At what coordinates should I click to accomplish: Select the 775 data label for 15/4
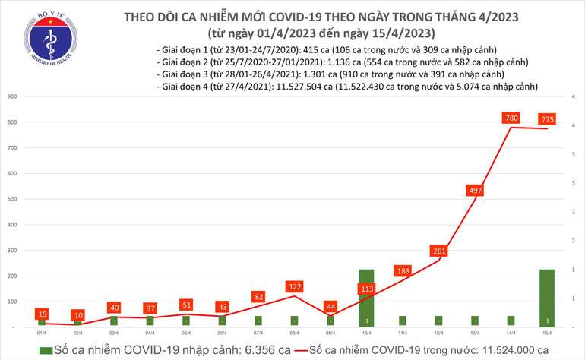tap(547, 119)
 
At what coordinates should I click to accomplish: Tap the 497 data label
tap(475, 188)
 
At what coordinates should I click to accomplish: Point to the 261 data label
tap(438, 251)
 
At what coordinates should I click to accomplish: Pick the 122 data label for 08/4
tap(294, 287)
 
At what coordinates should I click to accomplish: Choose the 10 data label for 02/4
tap(77, 315)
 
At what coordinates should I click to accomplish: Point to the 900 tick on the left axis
tap(13, 97)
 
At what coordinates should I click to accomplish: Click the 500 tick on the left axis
tap(13, 200)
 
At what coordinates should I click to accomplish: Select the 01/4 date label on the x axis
tap(42, 333)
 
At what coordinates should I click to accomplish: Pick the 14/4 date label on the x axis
tap(511, 333)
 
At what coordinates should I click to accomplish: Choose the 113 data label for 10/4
tap(367, 289)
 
